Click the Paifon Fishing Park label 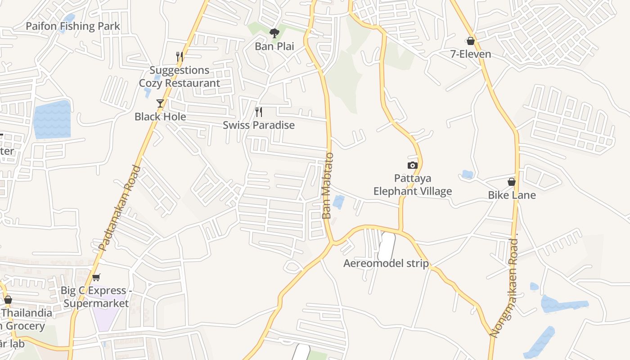[73, 26]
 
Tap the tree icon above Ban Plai [274, 33]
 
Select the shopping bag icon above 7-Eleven [471, 41]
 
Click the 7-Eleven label [471, 54]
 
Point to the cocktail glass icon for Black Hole [160, 103]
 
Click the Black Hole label [160, 117]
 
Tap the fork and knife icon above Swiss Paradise [259, 112]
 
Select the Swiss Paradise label [259, 125]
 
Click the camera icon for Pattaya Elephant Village [413, 166]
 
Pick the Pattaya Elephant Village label [413, 185]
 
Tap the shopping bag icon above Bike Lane [512, 182]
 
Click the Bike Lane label [512, 195]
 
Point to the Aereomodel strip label [386, 263]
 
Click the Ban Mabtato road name [328, 186]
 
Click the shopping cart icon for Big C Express [96, 277]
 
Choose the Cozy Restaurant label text [180, 83]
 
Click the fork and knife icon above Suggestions [179, 57]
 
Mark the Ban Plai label [274, 46]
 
